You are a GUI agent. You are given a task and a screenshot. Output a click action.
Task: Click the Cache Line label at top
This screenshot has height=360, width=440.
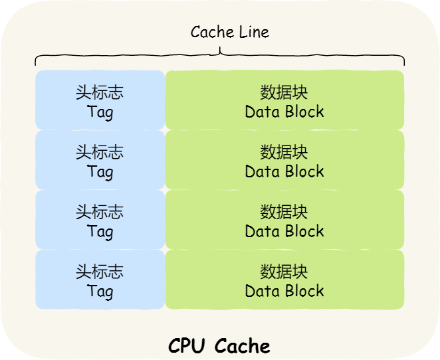pyautogui.click(x=229, y=32)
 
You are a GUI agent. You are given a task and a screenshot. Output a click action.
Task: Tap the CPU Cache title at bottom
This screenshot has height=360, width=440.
pyautogui.click(x=219, y=346)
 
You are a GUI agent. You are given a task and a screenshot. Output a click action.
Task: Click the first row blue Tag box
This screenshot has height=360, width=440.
pyautogui.click(x=100, y=100)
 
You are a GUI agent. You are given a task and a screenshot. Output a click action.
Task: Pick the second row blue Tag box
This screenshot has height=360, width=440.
pyautogui.click(x=100, y=159)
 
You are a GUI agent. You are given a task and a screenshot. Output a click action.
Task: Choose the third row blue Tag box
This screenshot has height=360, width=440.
pyautogui.click(x=100, y=219)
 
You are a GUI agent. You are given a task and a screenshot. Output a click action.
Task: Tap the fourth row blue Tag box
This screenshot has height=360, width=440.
pyautogui.click(x=100, y=279)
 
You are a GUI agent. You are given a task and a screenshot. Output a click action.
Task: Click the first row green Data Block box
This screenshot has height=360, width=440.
pyautogui.click(x=284, y=100)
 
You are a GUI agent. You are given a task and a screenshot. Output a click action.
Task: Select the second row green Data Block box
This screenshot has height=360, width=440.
pyautogui.click(x=284, y=159)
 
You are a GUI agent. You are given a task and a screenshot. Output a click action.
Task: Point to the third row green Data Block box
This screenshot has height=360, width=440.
pyautogui.click(x=284, y=219)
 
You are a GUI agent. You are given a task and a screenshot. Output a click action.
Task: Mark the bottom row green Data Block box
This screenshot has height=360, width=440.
pyautogui.click(x=284, y=279)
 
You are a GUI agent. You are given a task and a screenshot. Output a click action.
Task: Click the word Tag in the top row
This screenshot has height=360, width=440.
pyautogui.click(x=100, y=112)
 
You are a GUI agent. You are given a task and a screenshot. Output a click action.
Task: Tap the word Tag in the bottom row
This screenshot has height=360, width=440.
pyautogui.click(x=100, y=291)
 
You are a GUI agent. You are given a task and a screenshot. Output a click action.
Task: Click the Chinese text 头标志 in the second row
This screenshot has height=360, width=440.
pyautogui.click(x=100, y=152)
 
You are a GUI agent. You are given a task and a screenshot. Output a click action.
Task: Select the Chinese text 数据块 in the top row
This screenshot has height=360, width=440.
pyautogui.click(x=284, y=92)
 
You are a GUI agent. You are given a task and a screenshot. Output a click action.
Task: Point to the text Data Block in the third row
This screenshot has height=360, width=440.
pyautogui.click(x=284, y=231)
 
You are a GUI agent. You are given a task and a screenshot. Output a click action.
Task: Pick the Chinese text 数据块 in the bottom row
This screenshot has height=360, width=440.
pyautogui.click(x=284, y=272)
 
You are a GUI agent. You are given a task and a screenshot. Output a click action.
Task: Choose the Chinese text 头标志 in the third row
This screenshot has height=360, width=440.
pyautogui.click(x=100, y=212)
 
